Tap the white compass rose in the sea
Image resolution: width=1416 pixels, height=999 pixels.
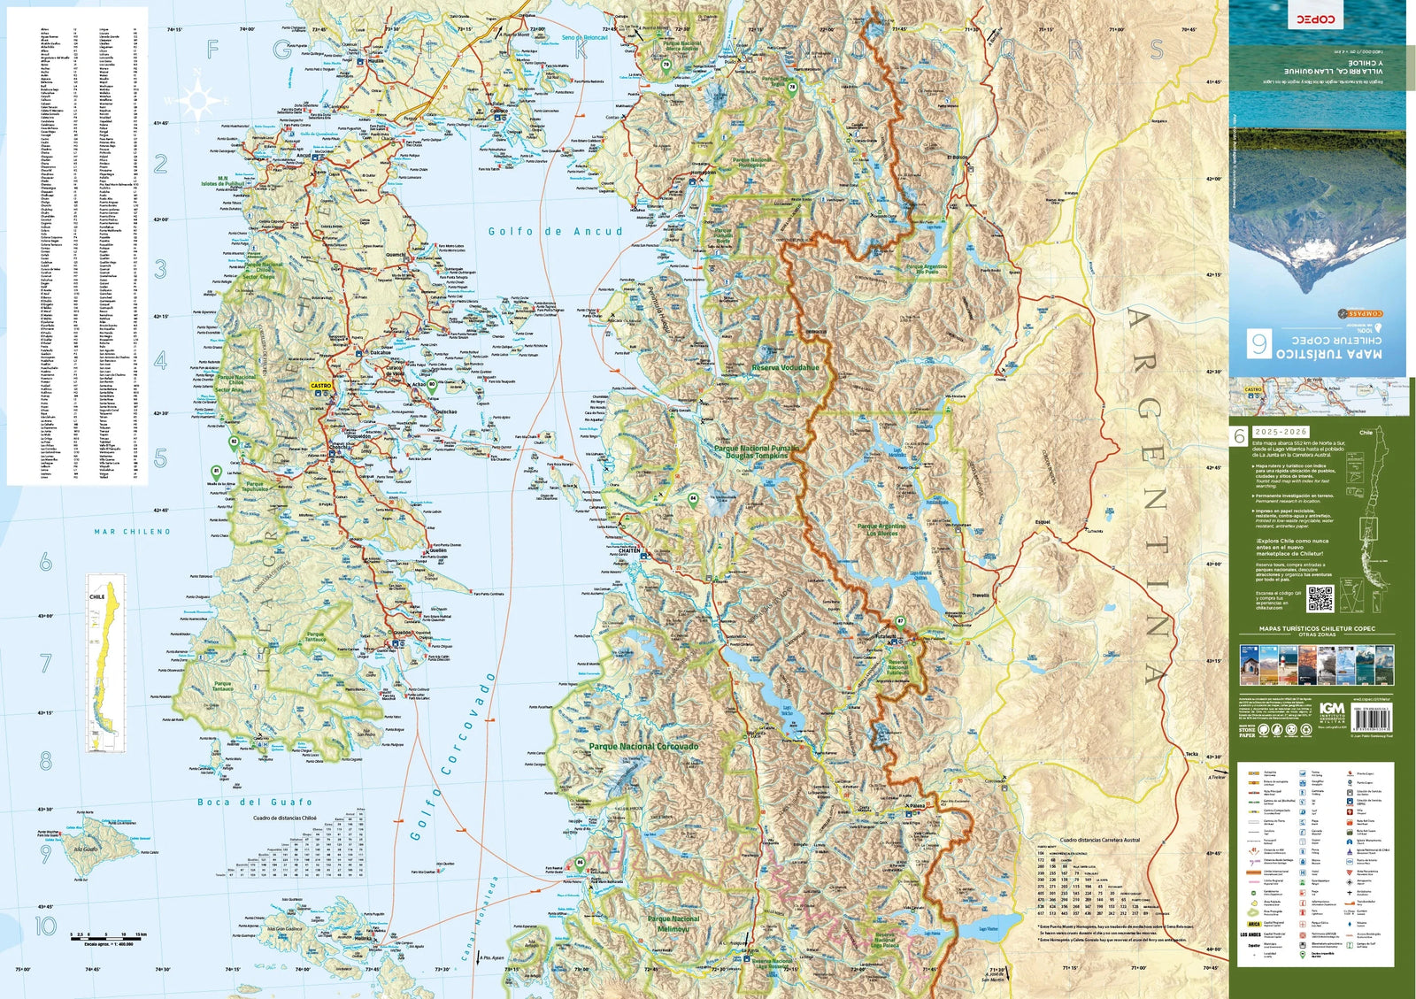click(197, 100)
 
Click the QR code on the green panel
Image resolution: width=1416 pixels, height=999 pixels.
click(1320, 598)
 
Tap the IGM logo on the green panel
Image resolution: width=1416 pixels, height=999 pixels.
click(1332, 709)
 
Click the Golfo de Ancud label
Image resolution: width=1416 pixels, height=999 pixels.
click(556, 232)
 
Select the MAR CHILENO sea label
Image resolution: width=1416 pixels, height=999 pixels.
click(132, 532)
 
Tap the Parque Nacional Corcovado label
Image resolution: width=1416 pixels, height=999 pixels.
click(643, 747)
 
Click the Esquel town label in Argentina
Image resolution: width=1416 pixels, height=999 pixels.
click(1043, 522)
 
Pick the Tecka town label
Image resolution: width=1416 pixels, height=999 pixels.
click(1191, 754)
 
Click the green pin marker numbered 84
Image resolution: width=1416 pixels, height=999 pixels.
click(693, 499)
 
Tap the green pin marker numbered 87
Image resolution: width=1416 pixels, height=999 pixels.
click(900, 621)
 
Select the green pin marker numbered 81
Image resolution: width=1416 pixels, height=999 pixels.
click(216, 473)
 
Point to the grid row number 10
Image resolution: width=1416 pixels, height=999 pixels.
click(45, 926)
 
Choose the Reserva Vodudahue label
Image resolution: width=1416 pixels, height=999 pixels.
click(785, 367)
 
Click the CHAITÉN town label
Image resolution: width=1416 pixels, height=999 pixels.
click(628, 550)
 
